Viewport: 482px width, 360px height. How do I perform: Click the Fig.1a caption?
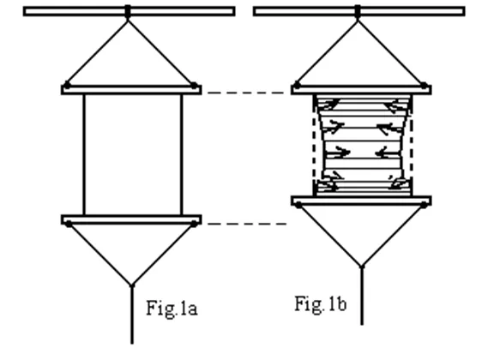point(172,309)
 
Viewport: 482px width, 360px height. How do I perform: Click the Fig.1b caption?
point(321,304)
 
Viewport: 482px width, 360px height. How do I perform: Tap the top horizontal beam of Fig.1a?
point(130,11)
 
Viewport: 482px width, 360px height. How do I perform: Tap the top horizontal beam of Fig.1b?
point(359,11)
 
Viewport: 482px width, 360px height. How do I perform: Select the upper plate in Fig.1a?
point(131,90)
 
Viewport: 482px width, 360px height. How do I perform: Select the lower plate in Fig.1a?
point(131,219)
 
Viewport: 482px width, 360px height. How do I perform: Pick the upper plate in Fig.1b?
point(361,90)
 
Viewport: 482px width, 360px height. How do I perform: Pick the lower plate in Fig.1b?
point(361,201)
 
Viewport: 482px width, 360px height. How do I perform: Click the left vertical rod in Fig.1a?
point(84,155)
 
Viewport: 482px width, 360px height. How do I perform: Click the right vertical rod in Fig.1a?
point(181,155)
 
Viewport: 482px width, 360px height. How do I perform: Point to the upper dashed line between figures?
point(247,93)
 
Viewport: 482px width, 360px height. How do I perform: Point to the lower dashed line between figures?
point(247,224)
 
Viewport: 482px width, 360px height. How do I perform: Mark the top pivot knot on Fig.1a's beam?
point(128,12)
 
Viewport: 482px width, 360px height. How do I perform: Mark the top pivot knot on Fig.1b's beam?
point(357,12)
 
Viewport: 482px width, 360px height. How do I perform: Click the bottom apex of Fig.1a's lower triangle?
point(132,285)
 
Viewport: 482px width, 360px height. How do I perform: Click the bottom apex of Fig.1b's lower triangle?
point(362,267)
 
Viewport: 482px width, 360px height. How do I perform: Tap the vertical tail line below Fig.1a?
point(132,315)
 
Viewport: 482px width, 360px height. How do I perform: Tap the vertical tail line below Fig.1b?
point(362,296)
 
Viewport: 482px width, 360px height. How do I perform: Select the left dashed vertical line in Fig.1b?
point(314,145)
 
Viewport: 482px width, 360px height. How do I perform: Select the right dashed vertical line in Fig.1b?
point(412,145)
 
